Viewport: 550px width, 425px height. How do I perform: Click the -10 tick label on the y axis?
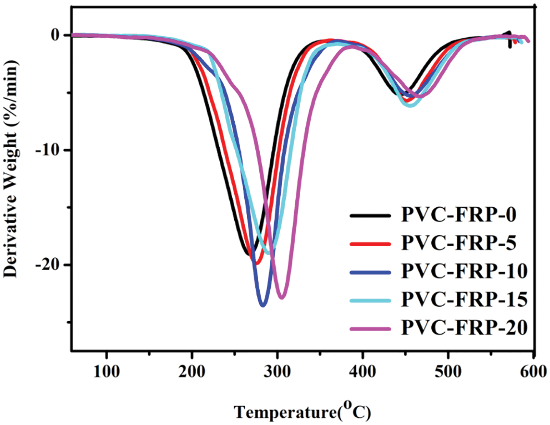point(49,150)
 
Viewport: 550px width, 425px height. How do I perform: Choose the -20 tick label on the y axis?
point(49,264)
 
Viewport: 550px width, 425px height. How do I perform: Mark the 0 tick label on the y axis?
point(55,35)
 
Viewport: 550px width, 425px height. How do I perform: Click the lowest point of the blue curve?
point(263,305)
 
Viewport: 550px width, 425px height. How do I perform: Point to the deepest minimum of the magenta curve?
point(281,298)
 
